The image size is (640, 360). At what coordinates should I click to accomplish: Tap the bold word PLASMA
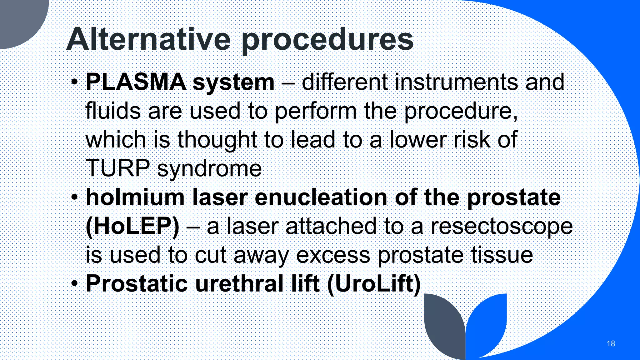(136, 82)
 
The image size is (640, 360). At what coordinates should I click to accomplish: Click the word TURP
(117, 168)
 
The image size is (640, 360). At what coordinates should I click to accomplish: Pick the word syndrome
(209, 169)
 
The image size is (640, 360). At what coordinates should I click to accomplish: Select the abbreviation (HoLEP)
(132, 226)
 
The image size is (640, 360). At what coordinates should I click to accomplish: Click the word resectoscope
(502, 227)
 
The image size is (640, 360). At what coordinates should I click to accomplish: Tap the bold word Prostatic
(137, 284)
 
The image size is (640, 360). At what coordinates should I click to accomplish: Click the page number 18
(611, 343)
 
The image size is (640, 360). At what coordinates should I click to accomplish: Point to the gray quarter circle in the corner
(19, 19)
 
